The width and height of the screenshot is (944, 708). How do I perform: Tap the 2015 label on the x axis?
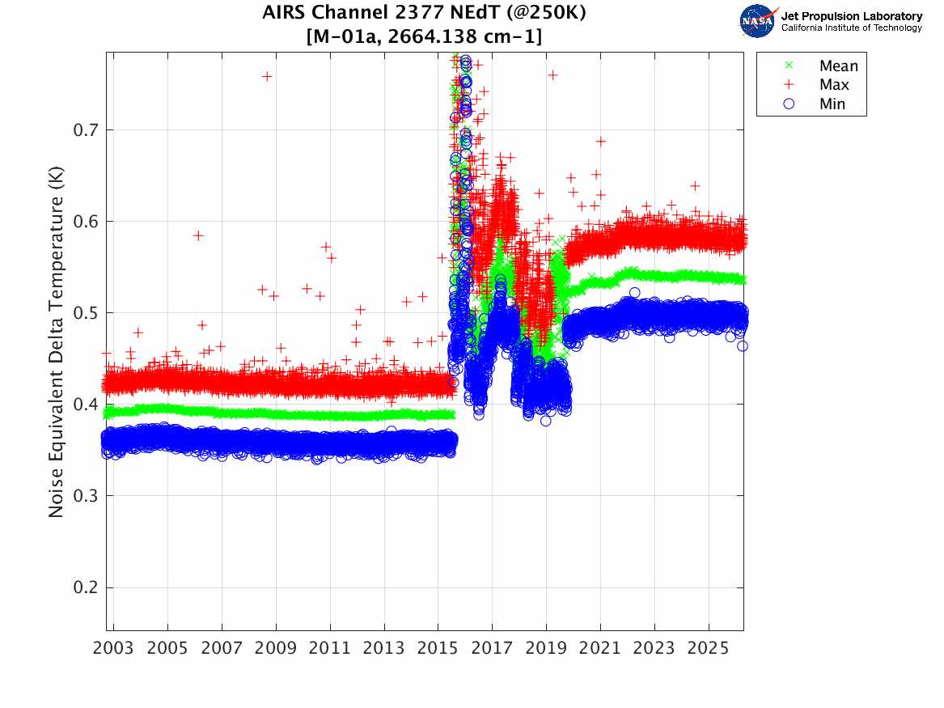tap(438, 649)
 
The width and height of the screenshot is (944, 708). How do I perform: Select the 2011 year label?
tap(330, 649)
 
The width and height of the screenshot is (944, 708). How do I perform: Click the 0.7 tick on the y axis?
tap(85, 129)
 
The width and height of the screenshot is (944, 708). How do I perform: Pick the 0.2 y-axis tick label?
tap(85, 587)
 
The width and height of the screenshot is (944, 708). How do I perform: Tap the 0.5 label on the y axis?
tap(85, 313)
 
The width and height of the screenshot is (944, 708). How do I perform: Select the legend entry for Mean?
tap(838, 66)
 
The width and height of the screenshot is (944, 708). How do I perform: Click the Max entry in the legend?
tap(834, 85)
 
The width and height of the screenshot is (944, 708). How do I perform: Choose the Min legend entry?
tap(832, 104)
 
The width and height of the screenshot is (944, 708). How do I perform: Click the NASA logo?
tap(758, 21)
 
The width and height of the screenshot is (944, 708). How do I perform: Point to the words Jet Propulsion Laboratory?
tap(851, 16)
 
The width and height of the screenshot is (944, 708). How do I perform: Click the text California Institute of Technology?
tap(851, 28)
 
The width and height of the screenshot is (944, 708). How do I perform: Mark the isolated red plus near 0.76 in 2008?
tap(267, 76)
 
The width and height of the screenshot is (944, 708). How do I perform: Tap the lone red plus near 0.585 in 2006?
tap(198, 235)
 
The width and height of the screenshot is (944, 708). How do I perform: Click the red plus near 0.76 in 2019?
tap(553, 74)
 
